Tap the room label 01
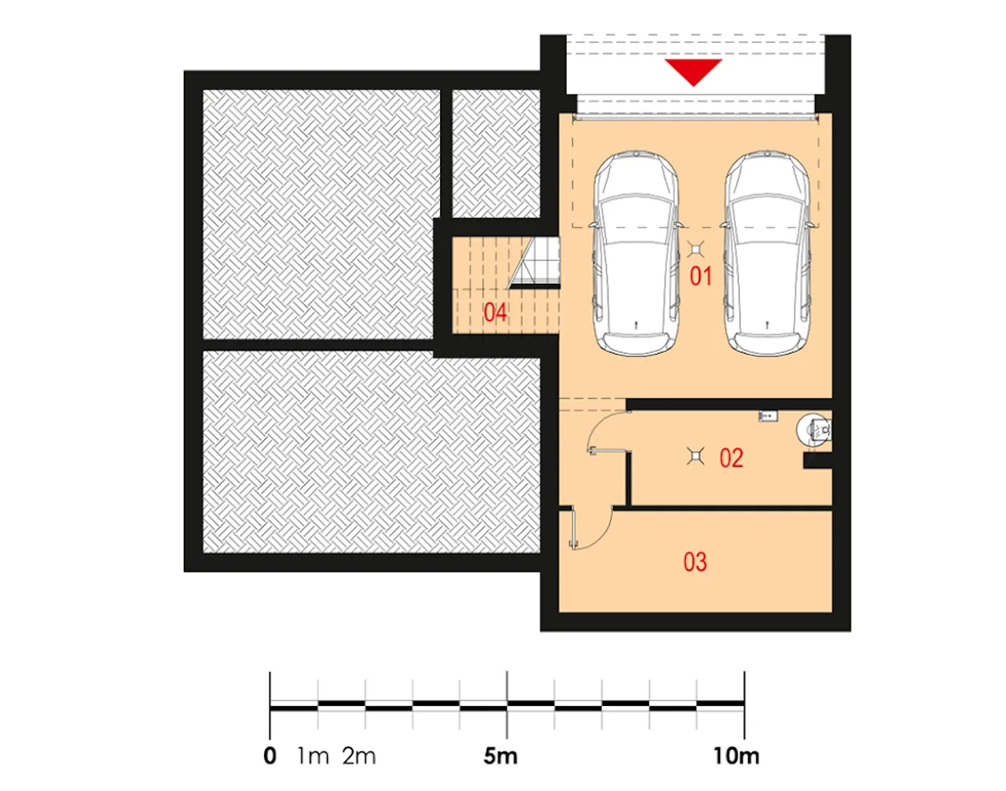pos(700,277)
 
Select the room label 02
pos(731,458)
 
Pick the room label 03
pos(695,562)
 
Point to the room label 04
pos(495,313)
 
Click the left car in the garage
pos(636,253)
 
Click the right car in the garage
pos(767,253)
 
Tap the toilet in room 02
pos(813,430)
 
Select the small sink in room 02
pos(768,417)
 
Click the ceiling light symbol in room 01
pos(695,250)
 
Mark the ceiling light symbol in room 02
pos(695,457)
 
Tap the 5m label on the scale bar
pos(501,756)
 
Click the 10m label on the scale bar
pos(736,756)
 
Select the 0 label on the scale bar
pos(270,756)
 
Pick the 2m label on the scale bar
pos(359,756)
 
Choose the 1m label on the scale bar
pos(313,756)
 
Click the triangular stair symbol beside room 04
pos(534,263)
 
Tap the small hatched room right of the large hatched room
pos(496,153)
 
